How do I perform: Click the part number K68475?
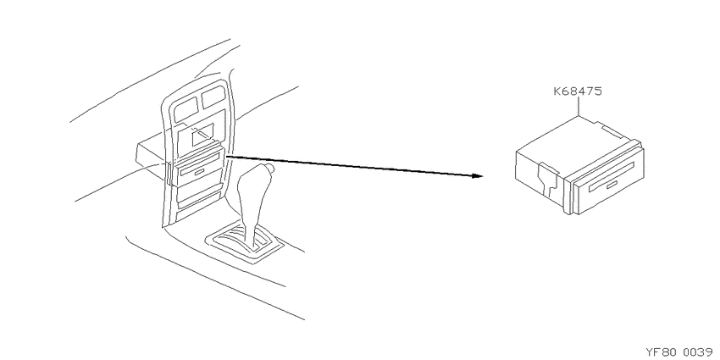[x=577, y=91]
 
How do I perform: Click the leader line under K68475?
[x=578, y=107]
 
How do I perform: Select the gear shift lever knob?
[x=255, y=178]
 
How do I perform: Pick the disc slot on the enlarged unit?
[x=611, y=176]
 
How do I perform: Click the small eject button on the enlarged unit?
[x=612, y=185]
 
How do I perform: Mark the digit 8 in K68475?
[x=572, y=91]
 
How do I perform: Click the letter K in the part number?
[x=557, y=91]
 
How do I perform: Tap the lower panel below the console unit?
[x=198, y=195]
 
